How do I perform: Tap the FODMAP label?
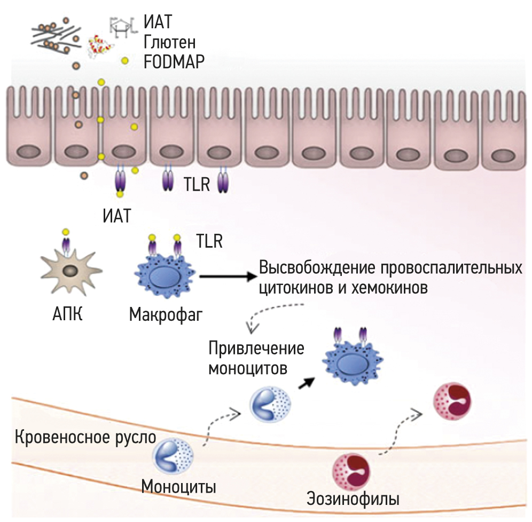[x=174, y=62]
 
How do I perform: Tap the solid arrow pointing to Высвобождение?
[x=228, y=276]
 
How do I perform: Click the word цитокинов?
[x=293, y=288]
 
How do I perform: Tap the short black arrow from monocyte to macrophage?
[x=306, y=383]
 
